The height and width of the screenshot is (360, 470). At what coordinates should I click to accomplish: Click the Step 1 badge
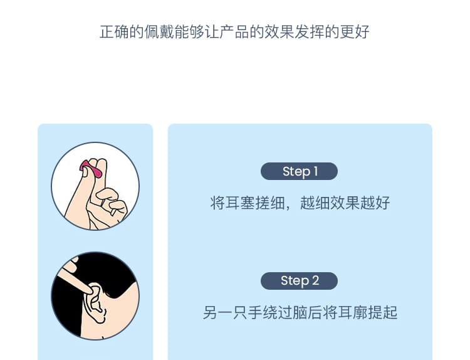pos(299,171)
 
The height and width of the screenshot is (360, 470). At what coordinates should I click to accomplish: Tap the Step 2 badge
pos(299,281)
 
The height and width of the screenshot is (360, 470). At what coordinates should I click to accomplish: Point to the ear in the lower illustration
pos(95,303)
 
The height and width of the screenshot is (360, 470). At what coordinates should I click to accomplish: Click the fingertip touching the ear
pos(88,290)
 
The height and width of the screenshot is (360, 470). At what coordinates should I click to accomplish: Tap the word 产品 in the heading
pos(234,32)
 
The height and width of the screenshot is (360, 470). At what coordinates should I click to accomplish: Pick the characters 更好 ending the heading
pos(355,32)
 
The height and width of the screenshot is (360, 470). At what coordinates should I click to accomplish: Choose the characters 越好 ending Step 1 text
pos(375,203)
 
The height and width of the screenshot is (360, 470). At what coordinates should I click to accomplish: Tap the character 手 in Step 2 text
pos(255,312)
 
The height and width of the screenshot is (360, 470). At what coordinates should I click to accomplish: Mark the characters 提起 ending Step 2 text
pos(382,312)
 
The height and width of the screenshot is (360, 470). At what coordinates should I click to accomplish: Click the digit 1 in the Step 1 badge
pos(316,171)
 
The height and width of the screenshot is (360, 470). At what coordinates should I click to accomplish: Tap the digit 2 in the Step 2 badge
pos(315,281)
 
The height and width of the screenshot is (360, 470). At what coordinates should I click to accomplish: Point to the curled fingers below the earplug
pos(111,204)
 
